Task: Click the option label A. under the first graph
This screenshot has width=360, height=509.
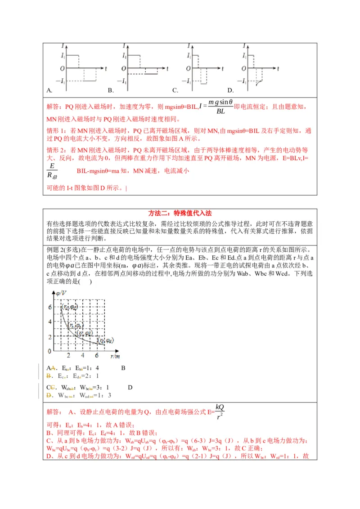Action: (x=49, y=90)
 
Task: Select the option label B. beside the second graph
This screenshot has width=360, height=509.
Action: (x=110, y=90)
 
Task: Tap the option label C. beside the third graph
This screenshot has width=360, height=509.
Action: (x=175, y=90)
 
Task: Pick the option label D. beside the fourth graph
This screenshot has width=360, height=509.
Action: (x=230, y=90)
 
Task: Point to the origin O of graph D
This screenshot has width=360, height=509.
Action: (x=243, y=68)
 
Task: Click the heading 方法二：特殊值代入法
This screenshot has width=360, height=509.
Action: (x=180, y=214)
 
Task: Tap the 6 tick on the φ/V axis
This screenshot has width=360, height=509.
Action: (x=49, y=307)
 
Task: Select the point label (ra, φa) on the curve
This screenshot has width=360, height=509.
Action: (x=70, y=308)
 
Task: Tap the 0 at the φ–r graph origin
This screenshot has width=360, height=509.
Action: (x=49, y=351)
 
